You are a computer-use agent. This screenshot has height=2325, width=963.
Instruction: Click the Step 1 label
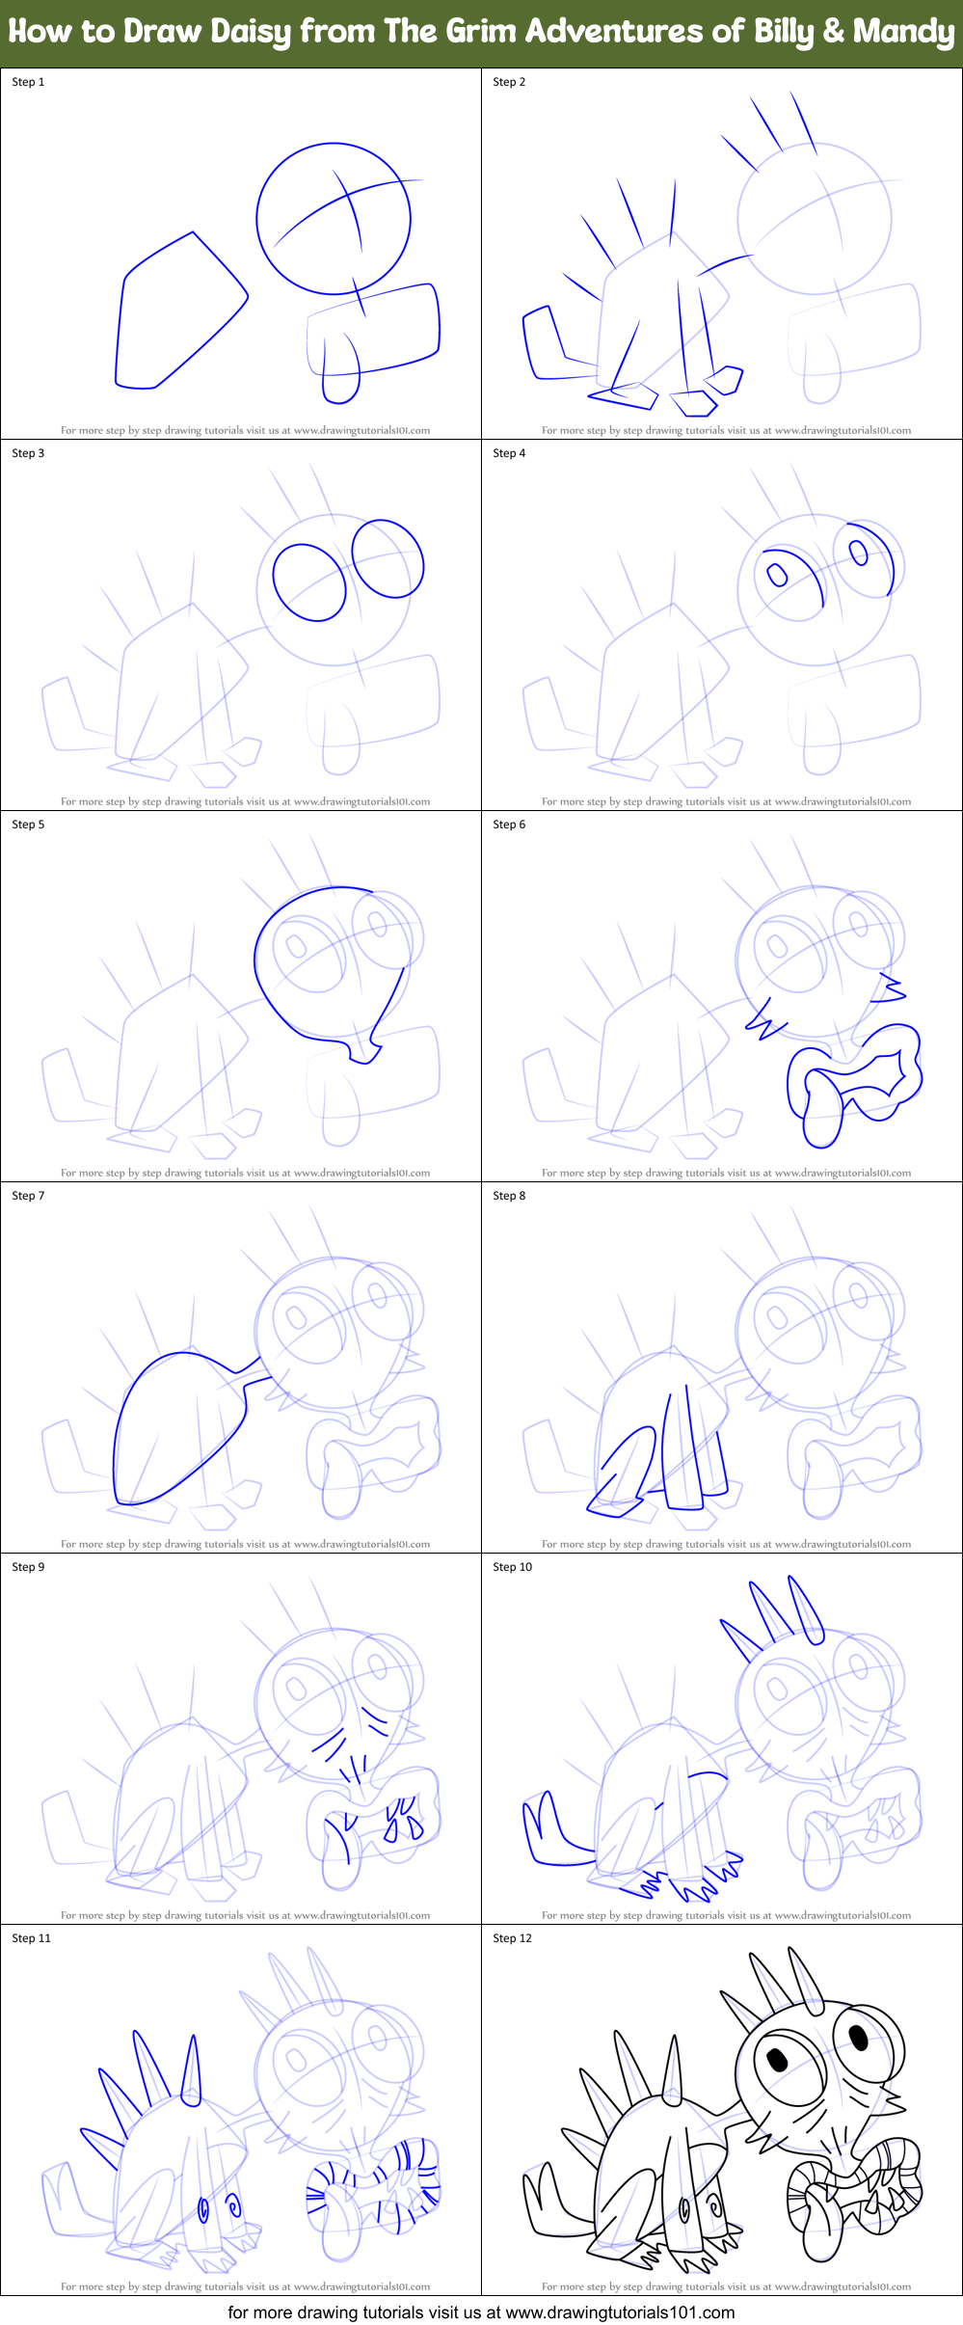[28, 82]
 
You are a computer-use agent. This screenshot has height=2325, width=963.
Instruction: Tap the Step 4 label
[509, 453]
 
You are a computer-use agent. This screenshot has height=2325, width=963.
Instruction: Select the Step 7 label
[28, 1196]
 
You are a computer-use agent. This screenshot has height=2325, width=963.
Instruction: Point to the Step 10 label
[512, 1567]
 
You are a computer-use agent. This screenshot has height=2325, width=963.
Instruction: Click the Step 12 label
[512, 1938]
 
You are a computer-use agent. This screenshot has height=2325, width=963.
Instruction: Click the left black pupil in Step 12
[777, 2059]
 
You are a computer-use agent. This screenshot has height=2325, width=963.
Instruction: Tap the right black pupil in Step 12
[857, 2036]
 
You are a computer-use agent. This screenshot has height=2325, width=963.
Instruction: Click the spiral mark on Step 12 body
[713, 2204]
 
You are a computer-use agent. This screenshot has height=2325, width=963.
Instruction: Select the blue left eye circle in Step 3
[309, 582]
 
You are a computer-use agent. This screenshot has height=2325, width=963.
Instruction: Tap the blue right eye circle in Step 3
[388, 558]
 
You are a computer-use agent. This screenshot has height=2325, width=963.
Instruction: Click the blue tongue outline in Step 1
[339, 371]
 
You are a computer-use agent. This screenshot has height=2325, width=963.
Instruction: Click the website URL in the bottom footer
[620, 2312]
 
